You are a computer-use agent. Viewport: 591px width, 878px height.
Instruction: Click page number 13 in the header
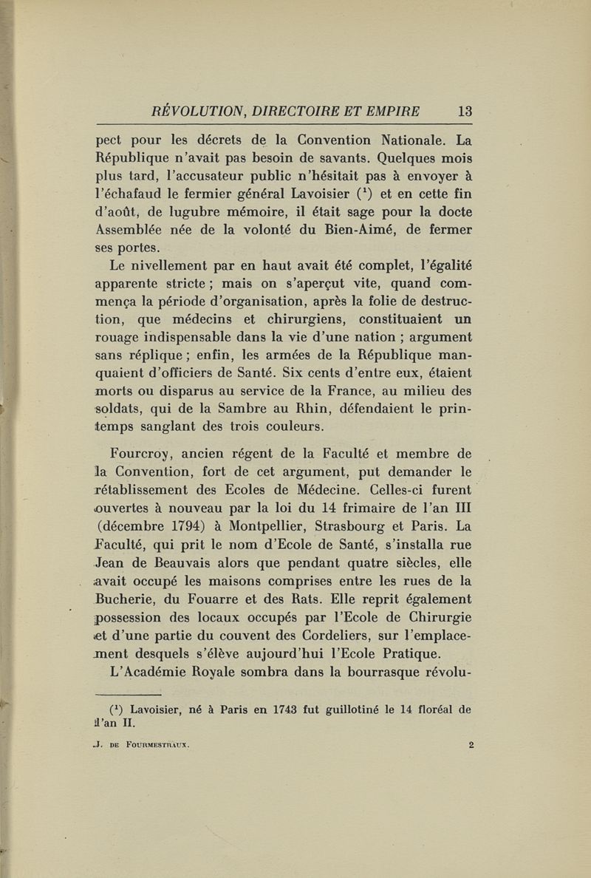pyautogui.click(x=465, y=112)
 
